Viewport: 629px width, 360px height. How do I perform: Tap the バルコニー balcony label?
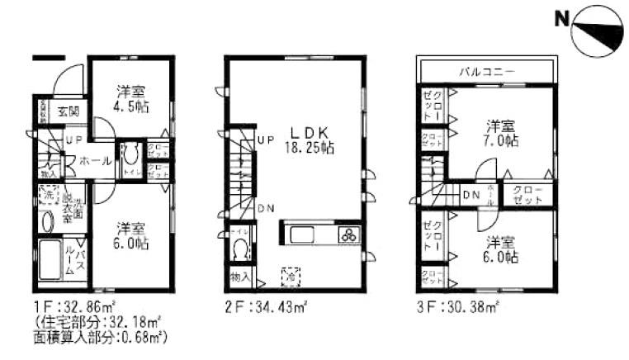(x=487, y=72)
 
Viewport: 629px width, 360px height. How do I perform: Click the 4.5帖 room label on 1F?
(x=132, y=99)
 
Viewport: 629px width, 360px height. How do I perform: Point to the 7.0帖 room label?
(x=501, y=135)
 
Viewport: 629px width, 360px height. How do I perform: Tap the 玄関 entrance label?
(x=68, y=111)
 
